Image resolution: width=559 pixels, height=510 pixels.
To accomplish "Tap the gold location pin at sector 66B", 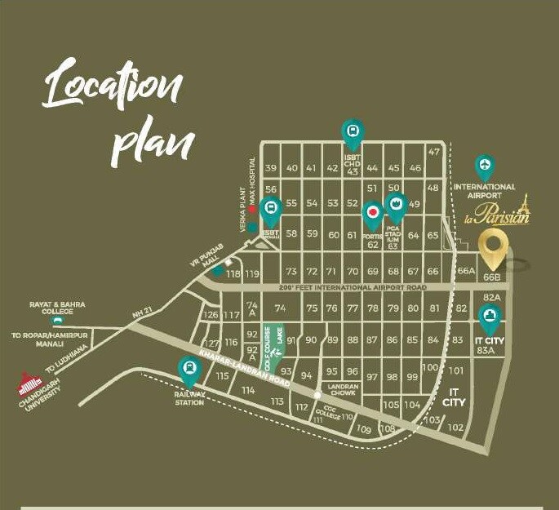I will pyautogui.click(x=492, y=248).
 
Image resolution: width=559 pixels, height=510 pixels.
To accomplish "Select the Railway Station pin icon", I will pyautogui.click(x=189, y=371).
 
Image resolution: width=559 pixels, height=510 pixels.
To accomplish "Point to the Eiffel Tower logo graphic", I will pyautogui.click(x=522, y=207).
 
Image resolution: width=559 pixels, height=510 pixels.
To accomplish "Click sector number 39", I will pyautogui.click(x=270, y=168).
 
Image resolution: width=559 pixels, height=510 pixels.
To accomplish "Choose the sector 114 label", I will pyautogui.click(x=248, y=391).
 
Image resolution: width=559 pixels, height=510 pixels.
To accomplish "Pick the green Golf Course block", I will pyautogui.click(x=265, y=342).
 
